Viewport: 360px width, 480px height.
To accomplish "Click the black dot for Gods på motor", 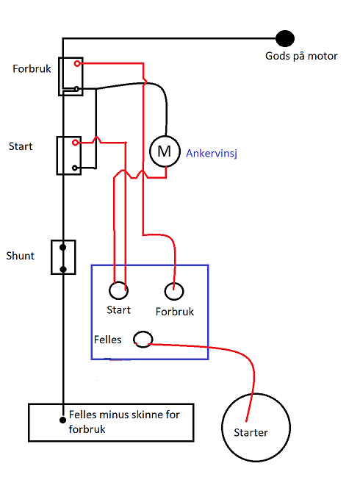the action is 285,38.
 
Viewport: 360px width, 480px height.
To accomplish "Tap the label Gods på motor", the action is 301,57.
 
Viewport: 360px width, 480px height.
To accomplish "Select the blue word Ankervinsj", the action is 212,154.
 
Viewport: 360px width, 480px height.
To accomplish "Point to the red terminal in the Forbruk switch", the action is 77,64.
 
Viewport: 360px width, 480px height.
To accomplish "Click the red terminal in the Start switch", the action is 75,143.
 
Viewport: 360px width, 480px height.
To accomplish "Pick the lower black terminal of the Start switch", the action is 75,168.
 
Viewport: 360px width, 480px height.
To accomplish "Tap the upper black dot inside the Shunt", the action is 63,247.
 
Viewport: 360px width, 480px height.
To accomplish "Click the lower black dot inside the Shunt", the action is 63,269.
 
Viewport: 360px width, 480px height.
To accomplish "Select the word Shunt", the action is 20,256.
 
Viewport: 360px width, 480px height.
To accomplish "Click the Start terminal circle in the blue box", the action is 119,290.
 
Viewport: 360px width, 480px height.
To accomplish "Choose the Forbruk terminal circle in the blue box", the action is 174,291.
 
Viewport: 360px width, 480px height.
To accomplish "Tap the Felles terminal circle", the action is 143,339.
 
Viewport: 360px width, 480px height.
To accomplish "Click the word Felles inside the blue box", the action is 108,340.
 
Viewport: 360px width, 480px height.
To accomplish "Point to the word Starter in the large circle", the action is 251,432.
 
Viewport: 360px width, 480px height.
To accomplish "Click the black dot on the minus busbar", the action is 62,420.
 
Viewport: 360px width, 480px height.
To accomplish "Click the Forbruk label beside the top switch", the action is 32,69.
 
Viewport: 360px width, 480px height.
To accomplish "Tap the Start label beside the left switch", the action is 21,146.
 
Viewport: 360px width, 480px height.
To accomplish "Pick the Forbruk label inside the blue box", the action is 175,312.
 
